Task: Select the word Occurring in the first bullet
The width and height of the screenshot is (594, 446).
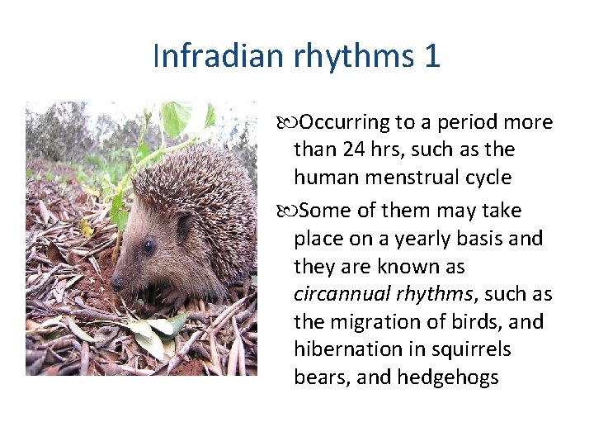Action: pos(344,123)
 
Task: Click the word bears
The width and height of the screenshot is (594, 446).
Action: pos(318,378)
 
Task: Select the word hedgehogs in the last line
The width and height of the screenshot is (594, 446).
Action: pos(448,378)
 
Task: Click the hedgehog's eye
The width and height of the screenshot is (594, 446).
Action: pos(148,246)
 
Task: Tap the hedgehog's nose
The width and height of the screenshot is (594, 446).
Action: pos(117,282)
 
